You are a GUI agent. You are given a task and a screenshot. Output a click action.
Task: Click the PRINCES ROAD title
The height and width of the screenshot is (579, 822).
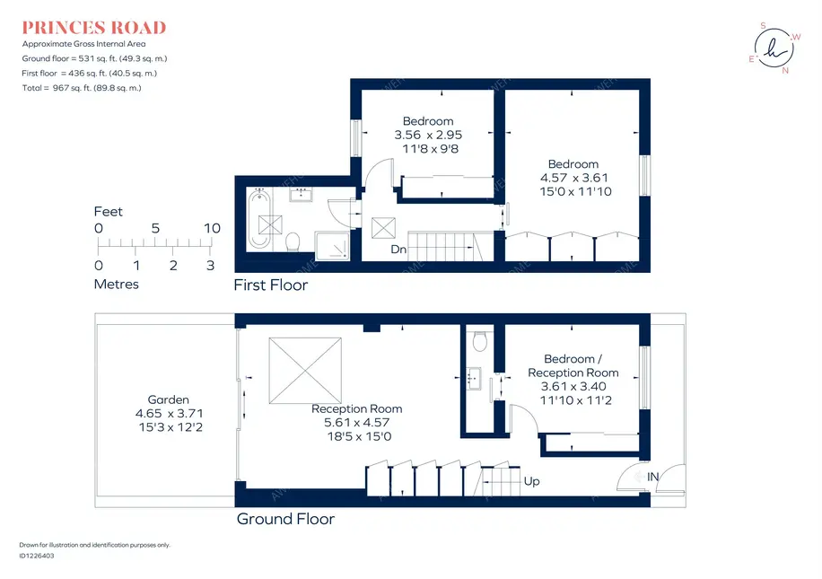click(94, 27)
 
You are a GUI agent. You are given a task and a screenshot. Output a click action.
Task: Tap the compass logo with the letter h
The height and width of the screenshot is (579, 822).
click(774, 48)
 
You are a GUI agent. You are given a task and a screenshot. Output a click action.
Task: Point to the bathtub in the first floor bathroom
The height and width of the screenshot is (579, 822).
click(259, 218)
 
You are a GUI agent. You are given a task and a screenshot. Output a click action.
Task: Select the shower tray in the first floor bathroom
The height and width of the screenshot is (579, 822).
click(332, 245)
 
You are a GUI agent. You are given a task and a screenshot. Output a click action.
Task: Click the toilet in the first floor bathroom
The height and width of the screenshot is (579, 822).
click(293, 241)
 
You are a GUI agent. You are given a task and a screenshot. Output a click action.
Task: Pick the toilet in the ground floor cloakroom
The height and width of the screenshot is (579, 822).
click(480, 341)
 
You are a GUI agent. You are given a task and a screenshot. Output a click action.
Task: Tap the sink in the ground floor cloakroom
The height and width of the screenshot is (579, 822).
click(475, 379)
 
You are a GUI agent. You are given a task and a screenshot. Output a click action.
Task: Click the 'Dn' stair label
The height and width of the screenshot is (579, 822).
click(398, 250)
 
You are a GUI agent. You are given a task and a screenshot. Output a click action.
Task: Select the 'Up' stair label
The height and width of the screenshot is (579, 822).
click(531, 481)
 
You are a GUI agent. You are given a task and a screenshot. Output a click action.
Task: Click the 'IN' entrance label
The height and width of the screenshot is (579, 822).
click(652, 477)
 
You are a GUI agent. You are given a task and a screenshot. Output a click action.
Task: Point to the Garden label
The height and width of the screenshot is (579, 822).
click(169, 399)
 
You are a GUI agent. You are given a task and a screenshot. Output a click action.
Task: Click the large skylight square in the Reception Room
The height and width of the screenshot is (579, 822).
click(305, 371)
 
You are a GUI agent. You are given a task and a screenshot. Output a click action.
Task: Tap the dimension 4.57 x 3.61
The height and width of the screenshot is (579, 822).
click(574, 178)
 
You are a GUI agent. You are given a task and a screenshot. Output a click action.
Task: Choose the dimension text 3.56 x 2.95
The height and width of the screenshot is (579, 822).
click(428, 135)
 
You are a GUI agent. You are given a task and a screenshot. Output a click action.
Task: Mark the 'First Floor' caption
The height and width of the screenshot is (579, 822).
click(270, 285)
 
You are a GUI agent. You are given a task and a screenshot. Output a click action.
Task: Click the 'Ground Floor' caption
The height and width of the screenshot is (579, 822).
click(285, 519)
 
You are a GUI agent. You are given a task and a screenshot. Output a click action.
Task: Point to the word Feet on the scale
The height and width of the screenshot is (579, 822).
click(108, 211)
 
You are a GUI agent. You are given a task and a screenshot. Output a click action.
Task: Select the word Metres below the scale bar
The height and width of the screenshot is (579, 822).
click(117, 285)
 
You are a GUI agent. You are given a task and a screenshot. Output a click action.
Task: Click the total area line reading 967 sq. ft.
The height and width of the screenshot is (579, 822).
click(82, 88)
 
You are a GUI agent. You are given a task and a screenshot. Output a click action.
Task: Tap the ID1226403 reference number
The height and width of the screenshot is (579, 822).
click(37, 556)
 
